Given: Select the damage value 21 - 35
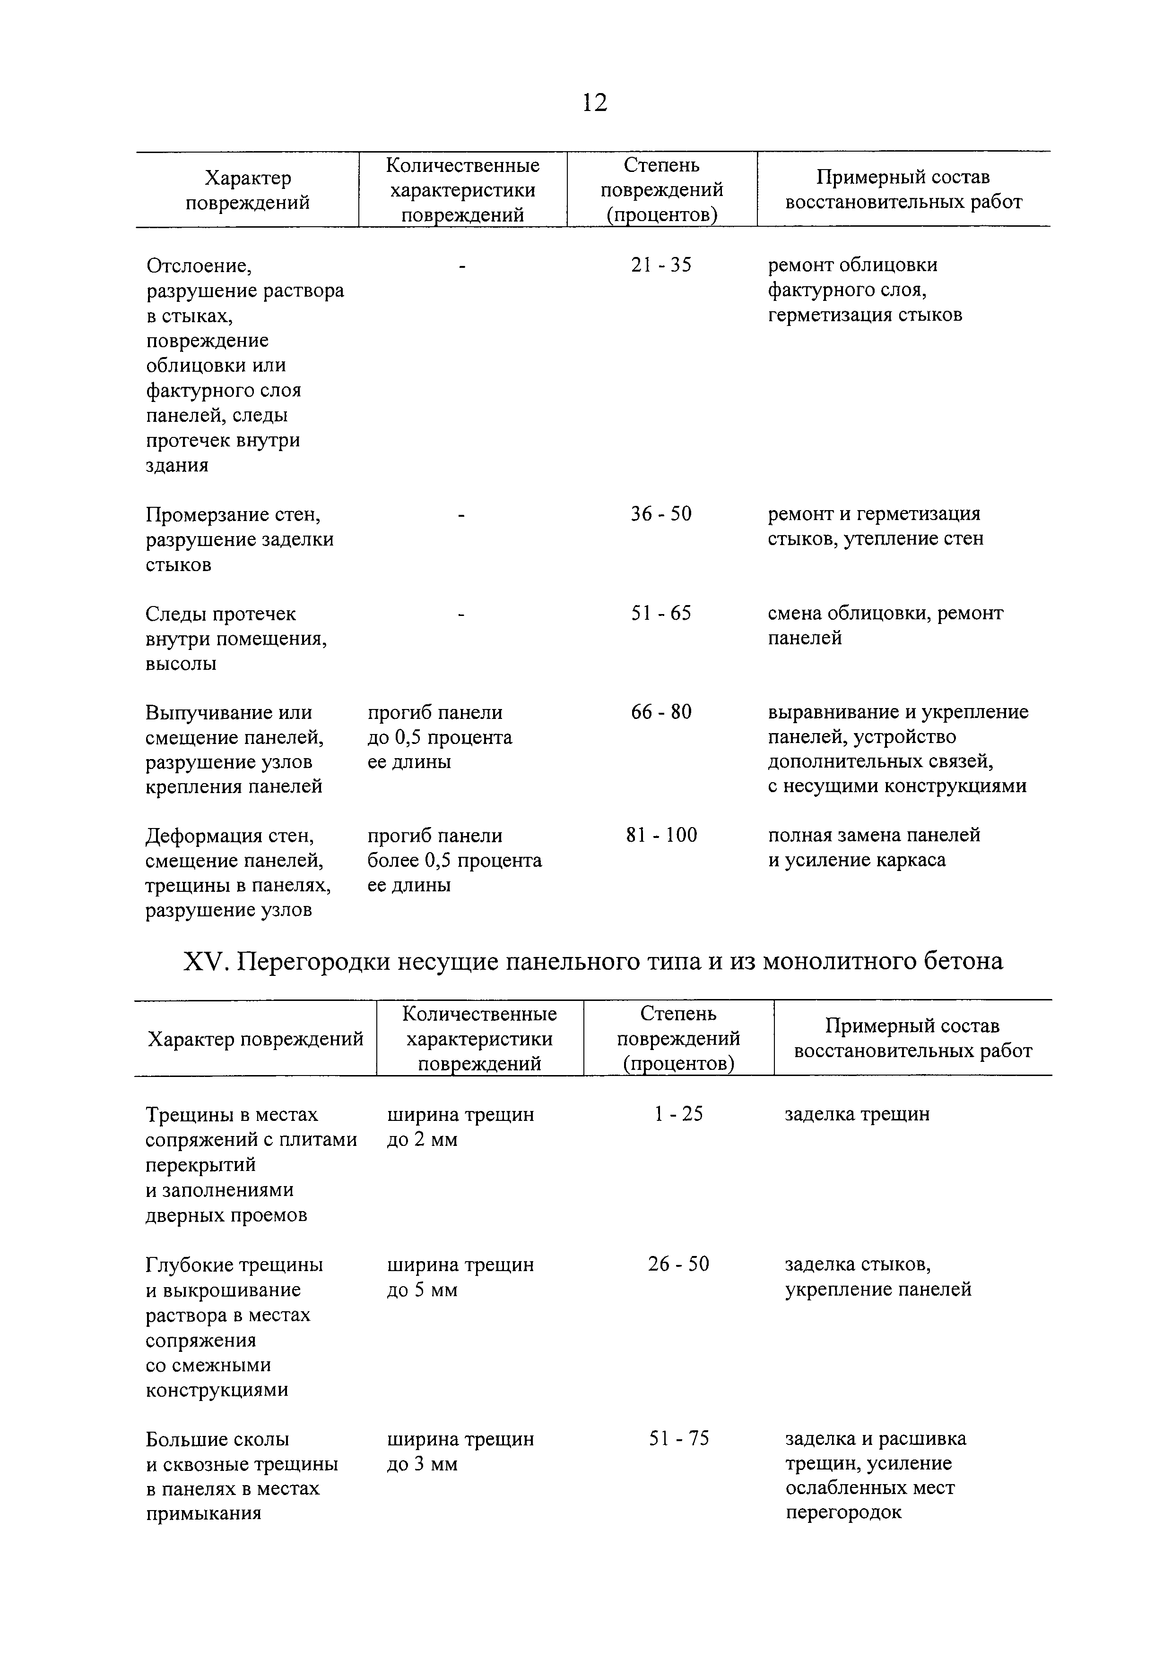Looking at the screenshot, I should [661, 265].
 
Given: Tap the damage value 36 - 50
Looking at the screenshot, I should [661, 514].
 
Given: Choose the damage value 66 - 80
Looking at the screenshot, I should [661, 712].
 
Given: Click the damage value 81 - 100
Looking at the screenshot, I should [661, 836].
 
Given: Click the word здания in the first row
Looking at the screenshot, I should [177, 465].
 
